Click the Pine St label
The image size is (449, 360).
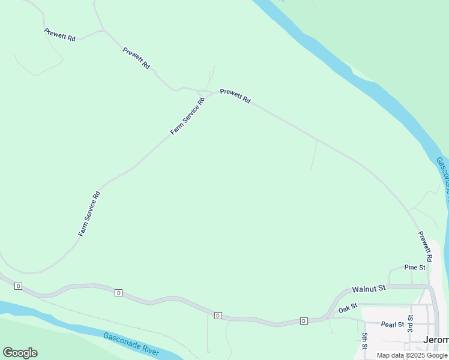point(414,267)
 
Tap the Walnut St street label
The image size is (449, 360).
point(368,289)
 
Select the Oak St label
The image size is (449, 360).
point(348,308)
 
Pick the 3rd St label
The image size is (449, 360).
point(411,323)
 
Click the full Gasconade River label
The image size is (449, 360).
point(130,344)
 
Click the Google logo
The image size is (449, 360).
point(20,353)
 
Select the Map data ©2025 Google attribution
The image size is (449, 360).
point(412,355)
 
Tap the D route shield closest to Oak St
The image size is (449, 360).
point(304,321)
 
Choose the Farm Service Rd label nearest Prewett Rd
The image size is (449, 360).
point(188,116)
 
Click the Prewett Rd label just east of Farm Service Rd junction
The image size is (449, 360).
point(235,96)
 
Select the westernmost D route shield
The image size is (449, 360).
point(19,286)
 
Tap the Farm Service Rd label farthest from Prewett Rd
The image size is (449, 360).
point(89,213)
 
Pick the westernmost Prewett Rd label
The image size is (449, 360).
point(59,35)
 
